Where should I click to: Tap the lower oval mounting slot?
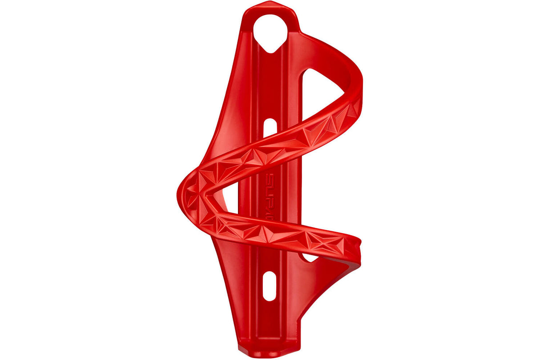(269, 286)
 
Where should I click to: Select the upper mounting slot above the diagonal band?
(268, 128)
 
